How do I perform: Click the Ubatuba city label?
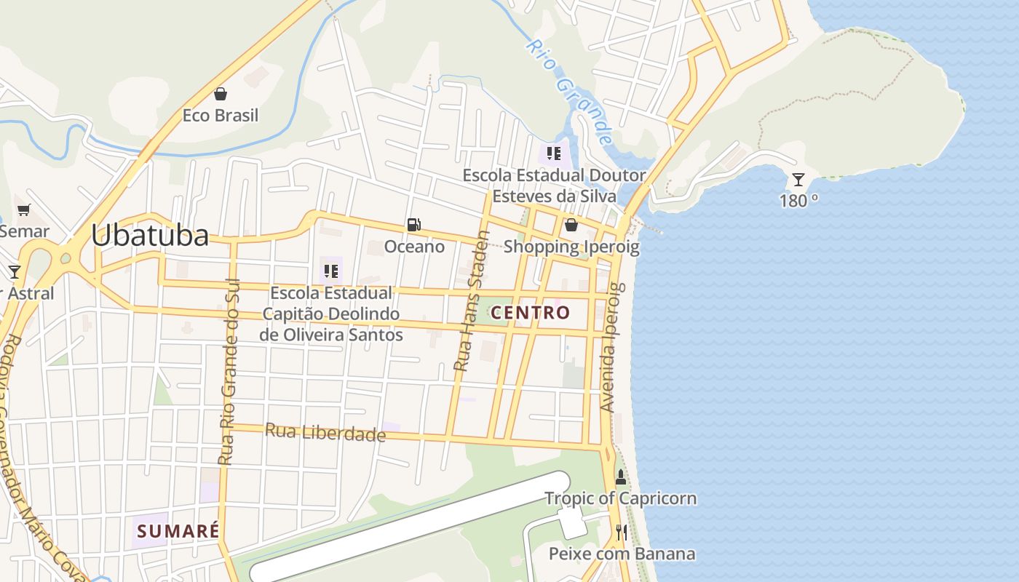tap(149, 235)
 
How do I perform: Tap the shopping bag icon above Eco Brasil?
tap(221, 94)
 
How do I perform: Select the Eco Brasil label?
tap(221, 116)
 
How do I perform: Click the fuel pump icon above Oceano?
tap(413, 225)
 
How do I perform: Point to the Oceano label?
tap(414, 247)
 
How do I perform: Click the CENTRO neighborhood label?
tap(531, 313)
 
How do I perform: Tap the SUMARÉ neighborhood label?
tap(178, 531)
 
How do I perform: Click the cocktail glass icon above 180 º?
tap(798, 179)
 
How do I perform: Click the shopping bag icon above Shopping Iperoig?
tap(571, 225)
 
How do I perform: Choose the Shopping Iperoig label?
tap(571, 247)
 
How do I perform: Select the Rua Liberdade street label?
tap(325, 432)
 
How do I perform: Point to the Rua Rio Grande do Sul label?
tap(229, 371)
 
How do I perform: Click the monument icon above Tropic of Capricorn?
tap(621, 477)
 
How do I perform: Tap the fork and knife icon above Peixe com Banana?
tap(621, 533)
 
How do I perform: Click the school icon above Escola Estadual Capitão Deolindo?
tap(331, 271)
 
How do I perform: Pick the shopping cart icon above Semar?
tap(24, 210)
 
